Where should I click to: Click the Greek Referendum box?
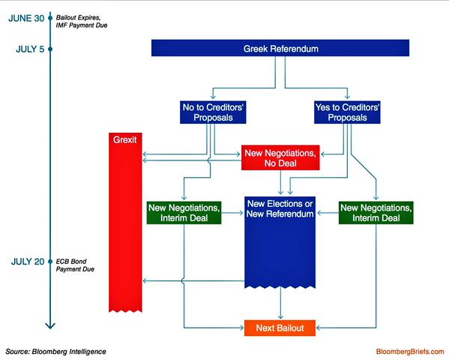pyautogui.click(x=280, y=48)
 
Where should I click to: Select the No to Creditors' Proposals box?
pyautogui.click(x=213, y=112)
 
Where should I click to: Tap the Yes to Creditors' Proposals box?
pyautogui.click(x=347, y=112)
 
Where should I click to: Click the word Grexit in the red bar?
pyautogui.click(x=125, y=139)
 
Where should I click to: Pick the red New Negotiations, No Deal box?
pyautogui.click(x=280, y=157)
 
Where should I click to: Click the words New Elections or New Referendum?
pyautogui.click(x=280, y=208)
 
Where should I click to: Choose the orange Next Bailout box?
pyautogui.click(x=280, y=328)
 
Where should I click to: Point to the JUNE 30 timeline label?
pyautogui.click(x=26, y=18)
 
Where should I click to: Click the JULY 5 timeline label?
pyautogui.click(x=30, y=49)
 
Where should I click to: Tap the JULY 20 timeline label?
pyautogui.click(x=28, y=262)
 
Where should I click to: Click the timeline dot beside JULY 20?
pyautogui.click(x=50, y=262)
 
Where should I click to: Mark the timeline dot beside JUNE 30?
pyautogui.click(x=50, y=18)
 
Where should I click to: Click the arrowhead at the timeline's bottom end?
pyautogui.click(x=50, y=326)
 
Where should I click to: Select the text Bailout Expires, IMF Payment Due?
pyautogui.click(x=82, y=22)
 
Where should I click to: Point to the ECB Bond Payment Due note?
pyautogui.click(x=75, y=265)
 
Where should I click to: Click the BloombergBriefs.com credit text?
pyautogui.click(x=410, y=352)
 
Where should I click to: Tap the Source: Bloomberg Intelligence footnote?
pyautogui.click(x=55, y=352)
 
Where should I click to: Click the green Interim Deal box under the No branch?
pyautogui.click(x=184, y=213)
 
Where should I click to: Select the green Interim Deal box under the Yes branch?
pyautogui.click(x=376, y=213)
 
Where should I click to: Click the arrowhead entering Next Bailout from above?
pyautogui.click(x=280, y=316)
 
